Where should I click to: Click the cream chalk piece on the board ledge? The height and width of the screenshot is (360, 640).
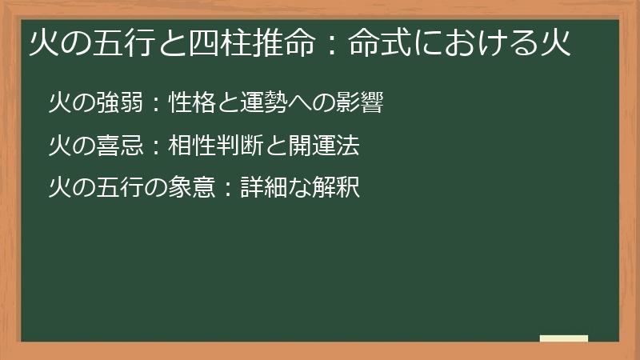click(x=563, y=338)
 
